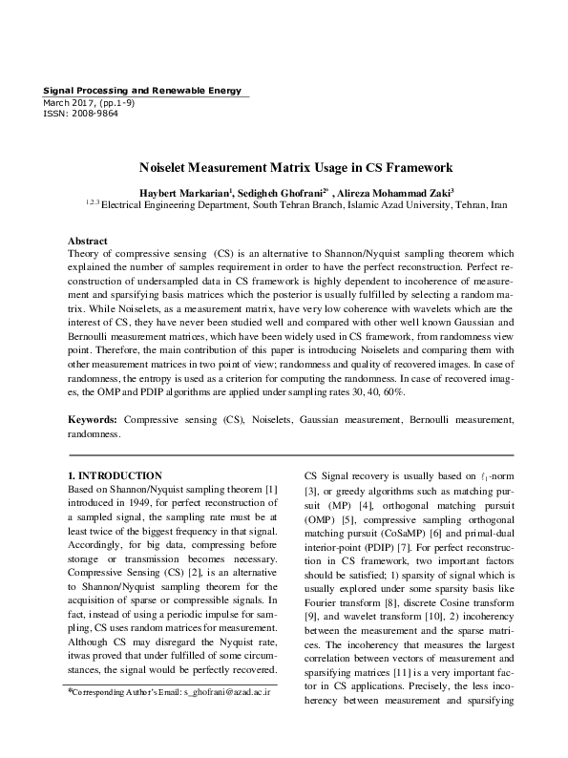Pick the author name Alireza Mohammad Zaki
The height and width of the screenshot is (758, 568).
[x=396, y=190]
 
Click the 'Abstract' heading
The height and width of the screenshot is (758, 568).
[x=88, y=242]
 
